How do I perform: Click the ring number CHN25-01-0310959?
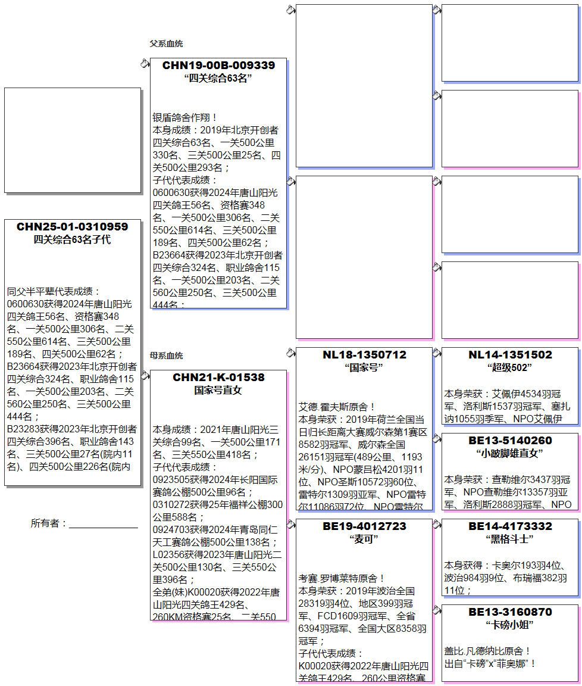click(72, 227)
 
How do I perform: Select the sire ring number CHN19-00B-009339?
click(218, 66)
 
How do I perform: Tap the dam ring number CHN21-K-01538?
click(218, 378)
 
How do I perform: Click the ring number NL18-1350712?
click(364, 355)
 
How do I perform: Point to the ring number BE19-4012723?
click(364, 526)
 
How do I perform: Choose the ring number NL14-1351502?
click(510, 355)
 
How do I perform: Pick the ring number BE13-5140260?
click(510, 441)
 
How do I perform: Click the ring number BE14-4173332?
click(510, 526)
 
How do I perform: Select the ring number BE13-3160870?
click(510, 612)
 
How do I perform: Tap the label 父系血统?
click(166, 43)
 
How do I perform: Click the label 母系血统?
click(166, 356)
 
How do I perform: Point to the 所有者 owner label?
click(49, 523)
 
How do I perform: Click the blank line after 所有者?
click(104, 525)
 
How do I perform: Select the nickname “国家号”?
click(364, 367)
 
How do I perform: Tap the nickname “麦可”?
click(364, 539)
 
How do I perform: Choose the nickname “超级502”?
click(509, 367)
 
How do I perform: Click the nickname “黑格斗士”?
click(509, 539)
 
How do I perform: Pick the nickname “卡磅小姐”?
click(509, 625)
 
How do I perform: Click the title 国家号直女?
click(218, 391)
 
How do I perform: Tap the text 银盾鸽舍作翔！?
click(186, 118)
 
